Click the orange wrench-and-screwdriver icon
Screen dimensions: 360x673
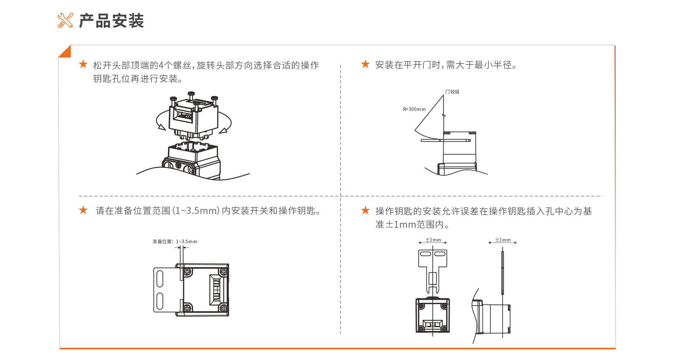(x=65, y=20)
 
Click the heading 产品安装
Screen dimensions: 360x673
(x=111, y=21)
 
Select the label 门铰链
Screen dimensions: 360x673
(x=452, y=92)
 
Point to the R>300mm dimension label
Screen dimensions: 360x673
(x=414, y=109)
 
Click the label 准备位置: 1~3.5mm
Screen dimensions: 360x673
(x=175, y=242)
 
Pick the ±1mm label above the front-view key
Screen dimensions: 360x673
(x=433, y=240)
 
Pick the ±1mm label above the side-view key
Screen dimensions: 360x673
(x=503, y=240)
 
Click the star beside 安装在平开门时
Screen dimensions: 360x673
(x=365, y=64)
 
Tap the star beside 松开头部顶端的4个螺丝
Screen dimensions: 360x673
(x=83, y=64)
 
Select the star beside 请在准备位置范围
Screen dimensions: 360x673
(x=83, y=210)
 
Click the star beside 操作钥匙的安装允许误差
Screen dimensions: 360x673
(x=365, y=210)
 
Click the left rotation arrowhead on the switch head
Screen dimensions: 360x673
(x=162, y=127)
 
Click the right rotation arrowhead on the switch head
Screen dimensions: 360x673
(x=223, y=131)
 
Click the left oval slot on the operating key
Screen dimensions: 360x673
(x=425, y=254)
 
